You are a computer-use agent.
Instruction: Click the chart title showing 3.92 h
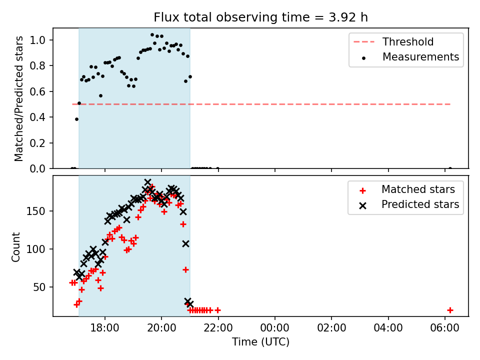tap(261, 17)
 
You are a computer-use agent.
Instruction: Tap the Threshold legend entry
tap(393, 41)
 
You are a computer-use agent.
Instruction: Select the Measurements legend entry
tap(410, 57)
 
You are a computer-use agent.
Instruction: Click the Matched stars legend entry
tap(407, 189)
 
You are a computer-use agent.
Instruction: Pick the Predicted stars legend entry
tap(409, 204)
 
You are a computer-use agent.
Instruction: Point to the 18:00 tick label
tap(105, 328)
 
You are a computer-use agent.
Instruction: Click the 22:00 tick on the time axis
tap(218, 328)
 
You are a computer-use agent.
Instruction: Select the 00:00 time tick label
tap(275, 328)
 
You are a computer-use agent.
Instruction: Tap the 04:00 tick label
tap(388, 328)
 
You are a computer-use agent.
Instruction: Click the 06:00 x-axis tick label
tap(445, 328)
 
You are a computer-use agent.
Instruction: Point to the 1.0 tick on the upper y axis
tap(37, 40)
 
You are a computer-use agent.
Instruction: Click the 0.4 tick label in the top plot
tap(37, 117)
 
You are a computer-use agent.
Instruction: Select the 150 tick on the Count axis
tap(35, 211)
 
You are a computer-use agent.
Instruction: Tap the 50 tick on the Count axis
tap(39, 287)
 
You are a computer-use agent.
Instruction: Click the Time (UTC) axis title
tap(261, 341)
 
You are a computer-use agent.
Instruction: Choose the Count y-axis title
tap(15, 247)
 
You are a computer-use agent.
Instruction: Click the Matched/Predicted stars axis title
tap(18, 98)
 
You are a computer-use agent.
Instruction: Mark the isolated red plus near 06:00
tap(450, 310)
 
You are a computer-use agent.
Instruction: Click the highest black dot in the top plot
tap(152, 35)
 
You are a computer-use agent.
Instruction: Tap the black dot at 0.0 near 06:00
tap(450, 168)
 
